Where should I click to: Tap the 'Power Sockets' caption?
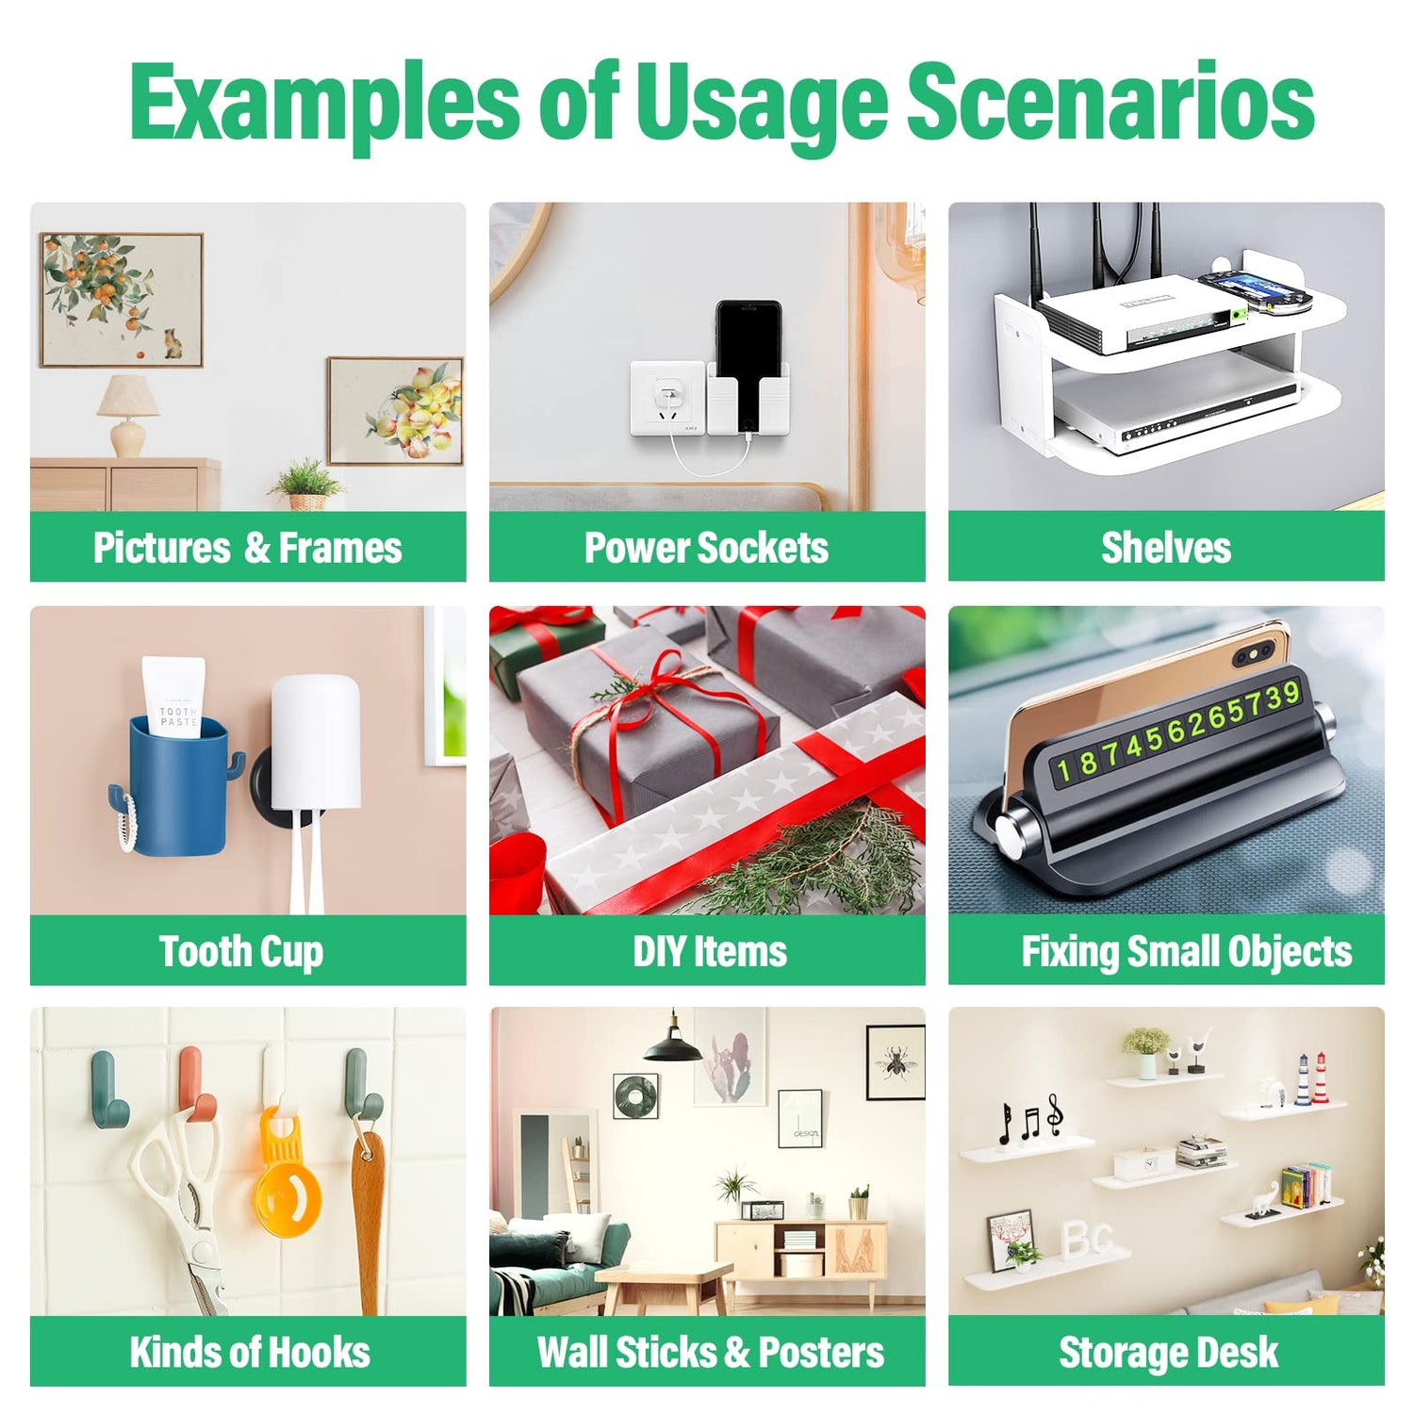point(706,548)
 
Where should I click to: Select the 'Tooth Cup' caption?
point(241,951)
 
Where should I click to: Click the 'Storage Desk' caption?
point(1168,1353)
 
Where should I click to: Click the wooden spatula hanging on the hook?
point(367,1216)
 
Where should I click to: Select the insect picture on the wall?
point(895,1062)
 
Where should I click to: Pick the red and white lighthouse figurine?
point(1320,1078)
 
